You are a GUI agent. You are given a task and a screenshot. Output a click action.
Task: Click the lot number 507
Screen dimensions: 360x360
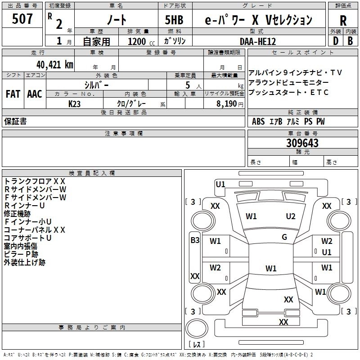[22, 19]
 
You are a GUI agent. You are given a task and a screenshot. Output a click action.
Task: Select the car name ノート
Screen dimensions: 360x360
[116, 20]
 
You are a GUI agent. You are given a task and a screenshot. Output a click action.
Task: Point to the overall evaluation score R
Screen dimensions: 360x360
[343, 20]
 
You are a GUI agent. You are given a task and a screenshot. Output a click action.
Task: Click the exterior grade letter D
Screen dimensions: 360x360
[335, 40]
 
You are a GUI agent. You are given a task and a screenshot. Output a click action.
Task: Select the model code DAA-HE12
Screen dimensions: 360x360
[258, 41]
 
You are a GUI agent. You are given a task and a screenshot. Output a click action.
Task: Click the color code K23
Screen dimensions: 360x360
[75, 103]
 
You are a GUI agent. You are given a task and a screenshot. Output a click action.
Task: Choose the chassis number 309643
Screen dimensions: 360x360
[302, 143]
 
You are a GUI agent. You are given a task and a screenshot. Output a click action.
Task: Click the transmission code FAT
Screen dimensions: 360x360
[13, 94]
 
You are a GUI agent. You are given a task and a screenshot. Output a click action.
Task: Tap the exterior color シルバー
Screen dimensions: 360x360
[96, 85]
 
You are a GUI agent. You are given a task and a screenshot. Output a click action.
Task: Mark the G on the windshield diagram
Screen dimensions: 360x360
[284, 237]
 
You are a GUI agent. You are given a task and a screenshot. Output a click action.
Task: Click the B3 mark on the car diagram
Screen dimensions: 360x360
[195, 240]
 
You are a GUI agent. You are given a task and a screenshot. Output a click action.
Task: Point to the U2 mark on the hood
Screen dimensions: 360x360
[291, 216]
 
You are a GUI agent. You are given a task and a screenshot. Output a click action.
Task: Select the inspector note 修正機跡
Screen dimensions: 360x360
[17, 213]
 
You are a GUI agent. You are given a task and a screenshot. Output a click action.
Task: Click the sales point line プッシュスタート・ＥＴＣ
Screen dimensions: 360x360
[288, 92]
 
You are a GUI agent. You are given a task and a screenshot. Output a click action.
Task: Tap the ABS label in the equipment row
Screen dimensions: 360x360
[258, 121]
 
